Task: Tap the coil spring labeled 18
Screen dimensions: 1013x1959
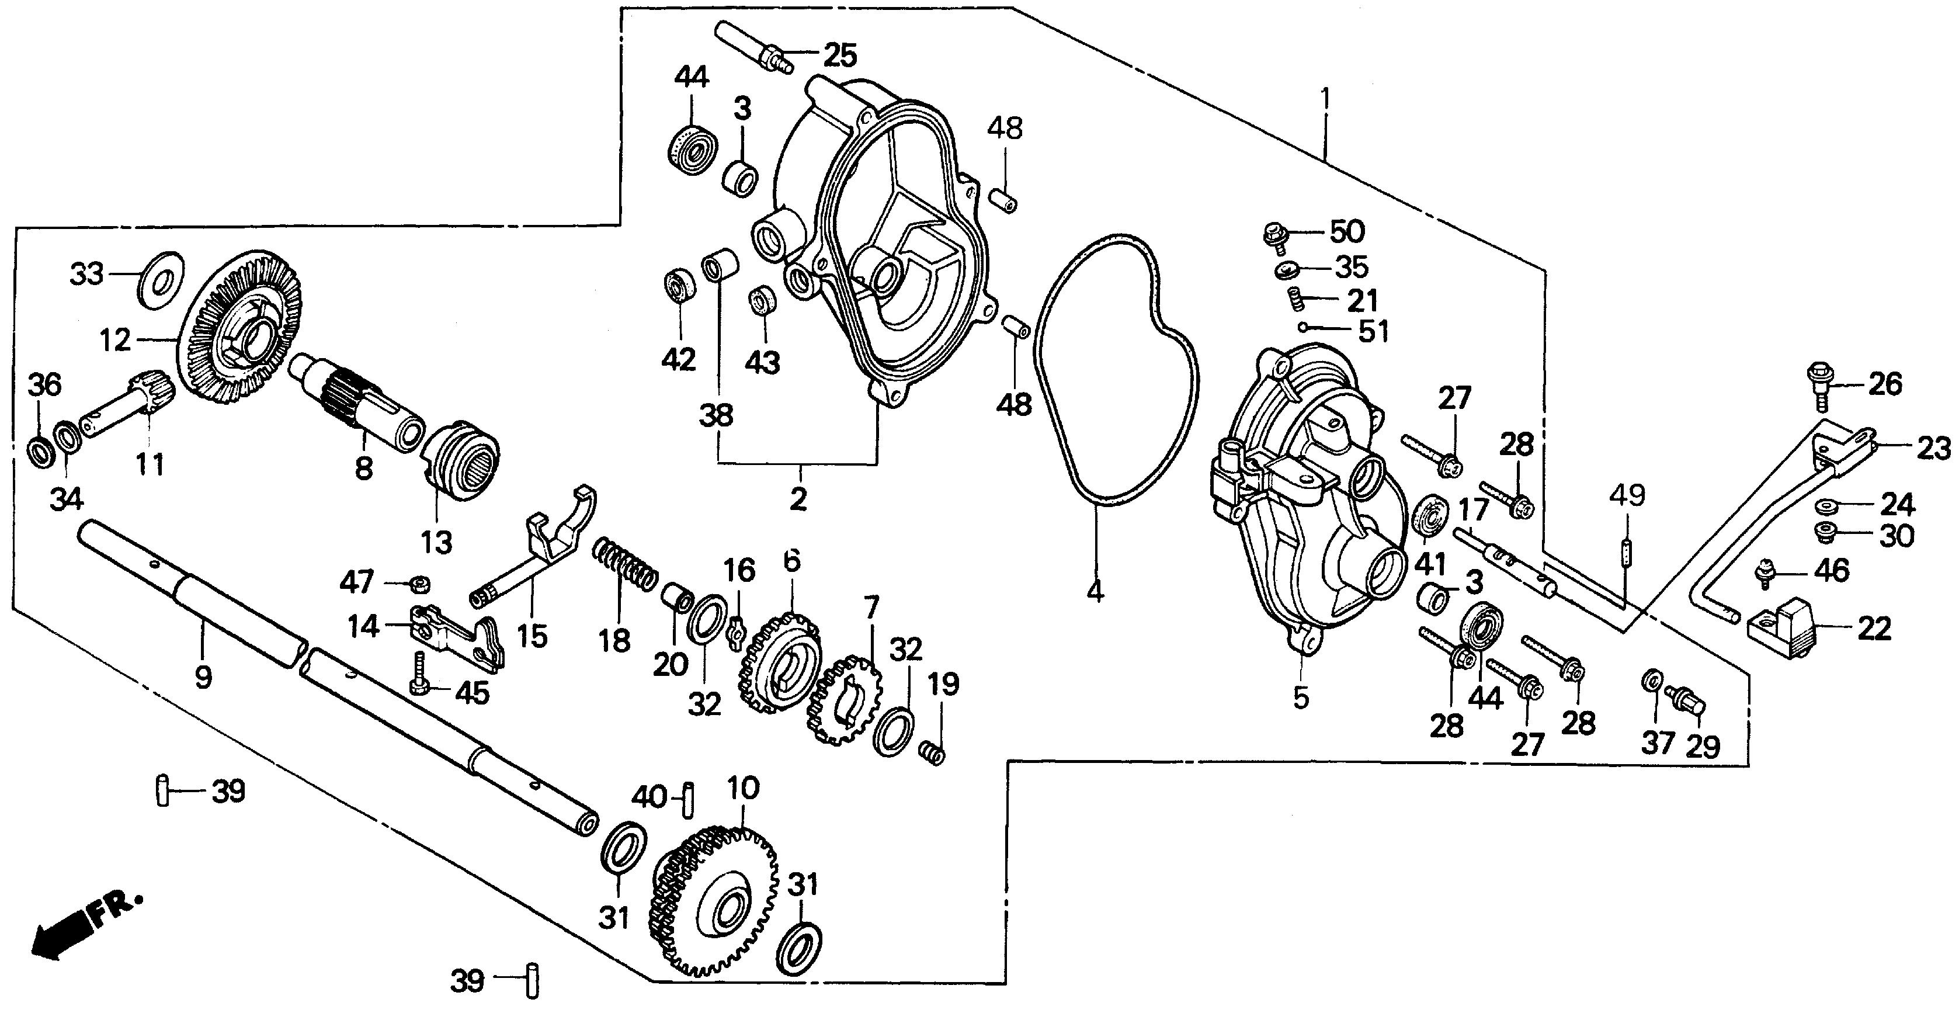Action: (625, 563)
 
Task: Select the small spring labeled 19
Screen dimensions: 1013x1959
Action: (932, 753)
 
